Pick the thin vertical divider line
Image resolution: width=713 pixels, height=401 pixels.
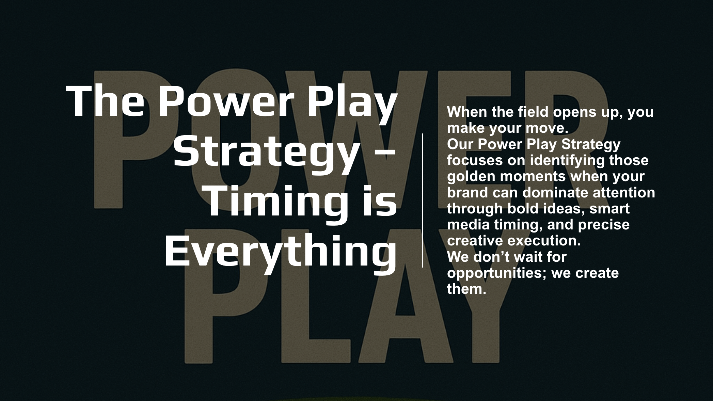(423, 200)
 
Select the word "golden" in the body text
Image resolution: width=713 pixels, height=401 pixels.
(472, 177)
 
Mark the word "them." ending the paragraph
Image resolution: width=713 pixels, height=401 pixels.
(466, 289)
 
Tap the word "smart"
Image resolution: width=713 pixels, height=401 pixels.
(609, 209)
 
